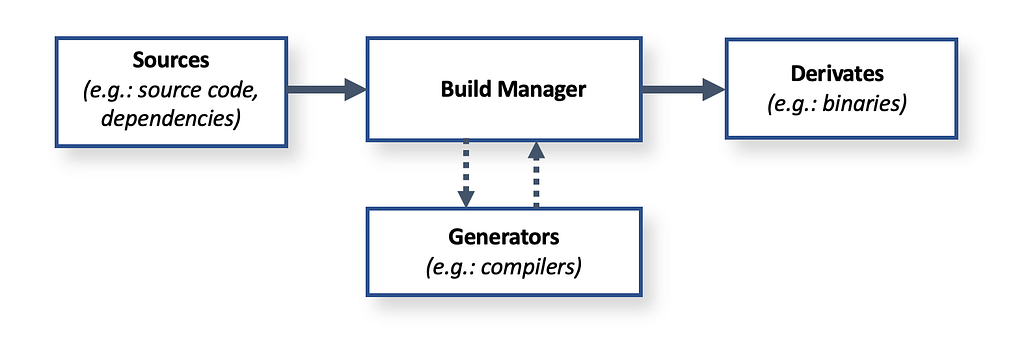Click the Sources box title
click(172, 61)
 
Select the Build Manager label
click(513, 89)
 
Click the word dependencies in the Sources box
click(171, 117)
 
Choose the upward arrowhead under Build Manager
click(536, 151)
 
